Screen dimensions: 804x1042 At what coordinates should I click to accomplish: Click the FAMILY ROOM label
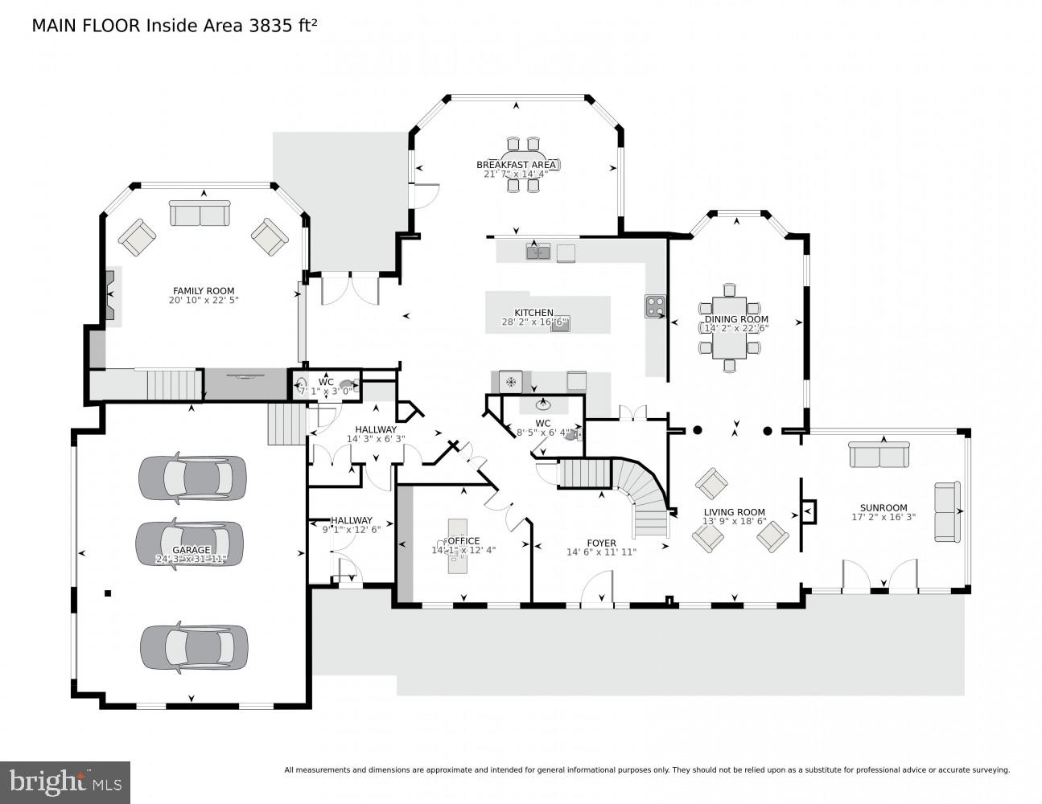tap(204, 291)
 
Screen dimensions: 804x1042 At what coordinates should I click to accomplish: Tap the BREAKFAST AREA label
tap(516, 165)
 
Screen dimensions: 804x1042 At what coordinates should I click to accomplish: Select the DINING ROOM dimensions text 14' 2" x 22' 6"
tap(736, 328)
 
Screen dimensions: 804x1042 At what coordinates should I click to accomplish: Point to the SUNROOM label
tap(883, 507)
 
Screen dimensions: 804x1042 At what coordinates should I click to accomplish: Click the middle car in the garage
tap(190, 544)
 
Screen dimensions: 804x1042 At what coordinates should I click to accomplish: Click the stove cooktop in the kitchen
tap(655, 306)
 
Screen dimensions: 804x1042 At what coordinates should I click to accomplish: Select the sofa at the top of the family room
tap(200, 214)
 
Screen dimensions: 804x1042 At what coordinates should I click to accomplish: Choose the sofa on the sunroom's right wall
tap(947, 511)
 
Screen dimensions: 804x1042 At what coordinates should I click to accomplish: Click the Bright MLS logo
tap(65, 781)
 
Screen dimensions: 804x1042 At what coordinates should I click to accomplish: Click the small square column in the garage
tap(108, 594)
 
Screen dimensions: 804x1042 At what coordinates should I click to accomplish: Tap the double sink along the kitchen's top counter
tap(537, 252)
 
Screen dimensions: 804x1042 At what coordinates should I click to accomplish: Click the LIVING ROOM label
tap(734, 512)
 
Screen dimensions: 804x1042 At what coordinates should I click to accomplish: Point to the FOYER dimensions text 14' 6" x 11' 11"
tap(601, 552)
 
